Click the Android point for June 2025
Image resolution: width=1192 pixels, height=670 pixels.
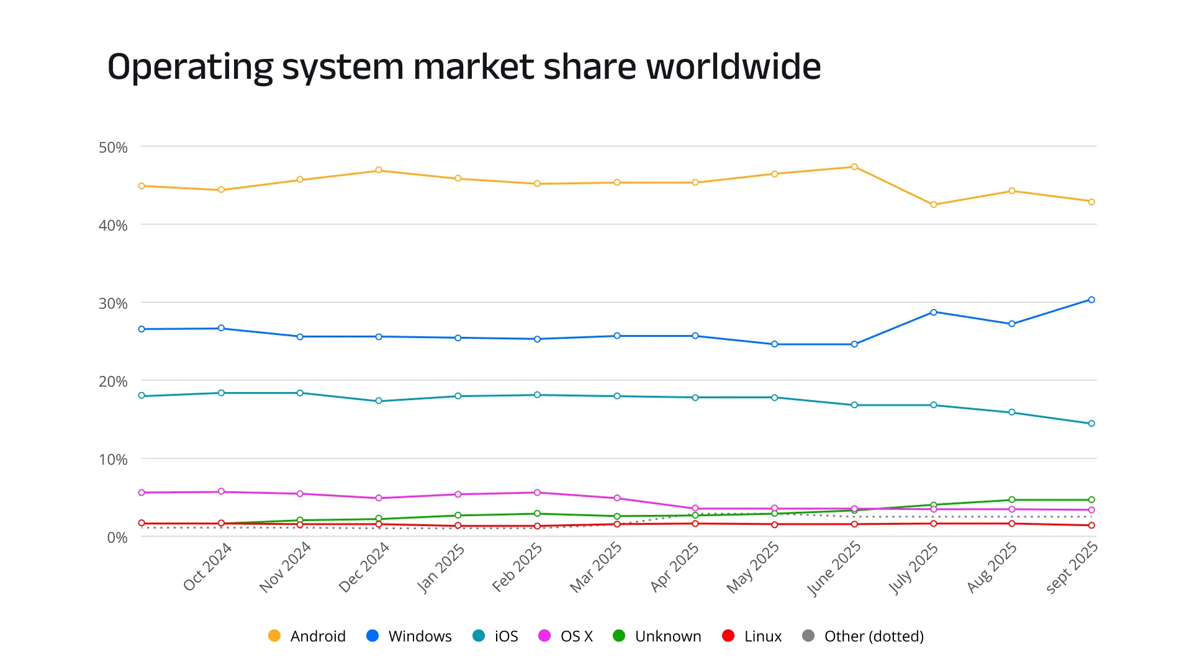(x=854, y=167)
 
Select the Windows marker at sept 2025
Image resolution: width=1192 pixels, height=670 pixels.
(x=1091, y=300)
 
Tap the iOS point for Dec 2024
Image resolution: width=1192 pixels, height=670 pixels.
(x=379, y=401)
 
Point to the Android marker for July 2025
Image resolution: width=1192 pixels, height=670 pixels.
(x=934, y=205)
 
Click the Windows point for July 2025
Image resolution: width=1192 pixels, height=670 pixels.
(x=934, y=312)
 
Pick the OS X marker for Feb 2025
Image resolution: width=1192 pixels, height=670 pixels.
(x=537, y=493)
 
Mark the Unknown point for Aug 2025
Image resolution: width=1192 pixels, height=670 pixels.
(x=1012, y=499)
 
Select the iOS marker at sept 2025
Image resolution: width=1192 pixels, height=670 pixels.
(x=1091, y=424)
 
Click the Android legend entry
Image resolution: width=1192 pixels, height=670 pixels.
(x=307, y=636)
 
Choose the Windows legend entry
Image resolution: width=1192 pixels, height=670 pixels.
(x=409, y=636)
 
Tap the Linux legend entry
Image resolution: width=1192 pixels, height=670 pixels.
(x=752, y=636)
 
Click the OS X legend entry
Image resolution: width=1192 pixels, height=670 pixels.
(x=566, y=636)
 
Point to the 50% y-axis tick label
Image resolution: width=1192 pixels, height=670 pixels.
(x=113, y=148)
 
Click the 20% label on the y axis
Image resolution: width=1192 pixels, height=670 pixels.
(x=113, y=382)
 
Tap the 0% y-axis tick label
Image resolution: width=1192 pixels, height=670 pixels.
(x=117, y=538)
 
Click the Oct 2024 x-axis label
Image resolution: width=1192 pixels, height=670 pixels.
(x=207, y=566)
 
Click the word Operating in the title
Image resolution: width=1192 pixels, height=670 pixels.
(x=190, y=68)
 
